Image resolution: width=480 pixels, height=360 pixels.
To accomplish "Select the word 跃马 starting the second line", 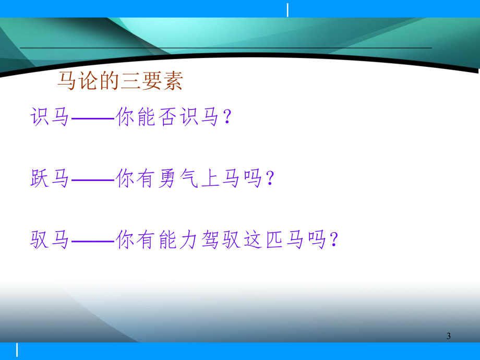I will pyautogui.click(x=50, y=179).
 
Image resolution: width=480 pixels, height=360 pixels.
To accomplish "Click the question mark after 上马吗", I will pyautogui.click(x=270, y=180).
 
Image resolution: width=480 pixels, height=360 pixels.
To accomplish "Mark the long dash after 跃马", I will pyautogui.click(x=92, y=181).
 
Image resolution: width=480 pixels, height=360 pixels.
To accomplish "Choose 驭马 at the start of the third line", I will pyautogui.click(x=50, y=241).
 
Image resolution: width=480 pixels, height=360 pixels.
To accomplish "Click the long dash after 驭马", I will pyautogui.click(x=92, y=242).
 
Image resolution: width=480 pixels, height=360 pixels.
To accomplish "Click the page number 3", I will pyautogui.click(x=449, y=337).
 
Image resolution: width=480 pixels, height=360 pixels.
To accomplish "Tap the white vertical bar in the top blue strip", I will pyautogui.click(x=287, y=9).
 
